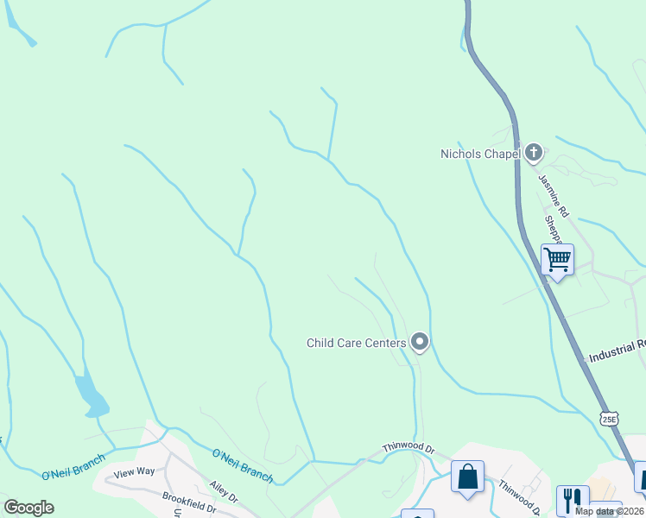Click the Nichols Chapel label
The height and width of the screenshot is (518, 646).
click(479, 155)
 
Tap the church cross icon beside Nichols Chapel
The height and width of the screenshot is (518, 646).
click(533, 154)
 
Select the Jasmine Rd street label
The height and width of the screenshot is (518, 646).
click(554, 195)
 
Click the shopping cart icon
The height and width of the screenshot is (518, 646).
click(557, 259)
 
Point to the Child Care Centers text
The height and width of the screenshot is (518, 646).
click(356, 343)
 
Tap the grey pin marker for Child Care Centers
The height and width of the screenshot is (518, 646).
click(420, 343)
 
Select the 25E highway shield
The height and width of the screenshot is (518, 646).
click(611, 418)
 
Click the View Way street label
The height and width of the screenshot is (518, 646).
click(134, 471)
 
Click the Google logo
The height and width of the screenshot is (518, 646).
click(28, 508)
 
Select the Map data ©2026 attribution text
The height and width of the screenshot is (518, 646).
click(608, 511)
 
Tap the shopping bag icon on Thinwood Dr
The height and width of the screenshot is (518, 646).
click(467, 477)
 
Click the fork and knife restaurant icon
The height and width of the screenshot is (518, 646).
click(573, 499)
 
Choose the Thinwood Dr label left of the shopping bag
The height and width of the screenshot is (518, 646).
click(408, 450)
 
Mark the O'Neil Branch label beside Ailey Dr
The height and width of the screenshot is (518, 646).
click(243, 465)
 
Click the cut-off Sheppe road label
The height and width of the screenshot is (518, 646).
click(553, 231)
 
